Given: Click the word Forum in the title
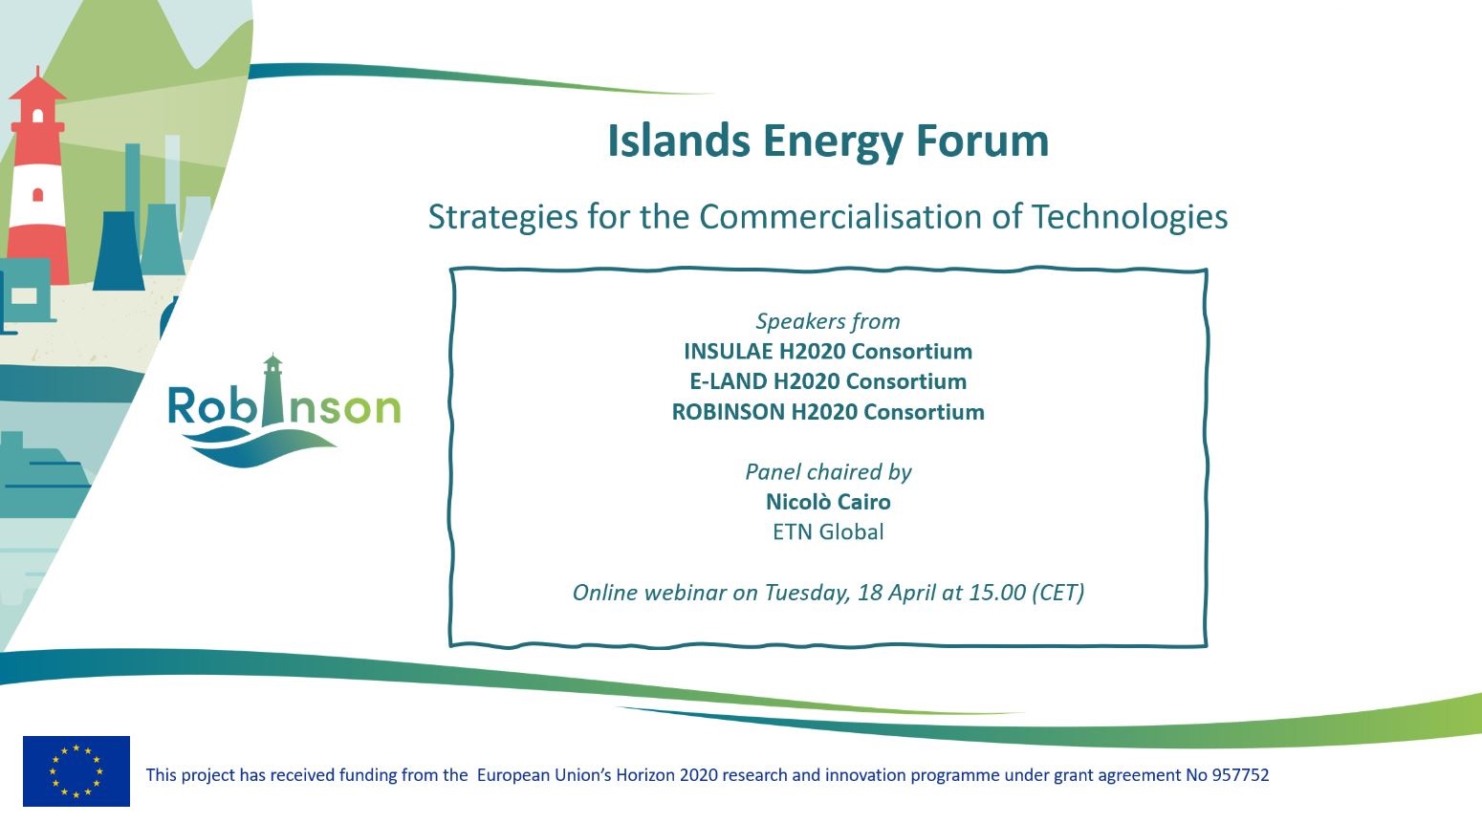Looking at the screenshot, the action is pos(982,141).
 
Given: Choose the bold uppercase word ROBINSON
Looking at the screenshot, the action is pos(727,412).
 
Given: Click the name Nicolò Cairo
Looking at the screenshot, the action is pos(828,502).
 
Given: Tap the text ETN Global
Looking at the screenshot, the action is pos(828,531).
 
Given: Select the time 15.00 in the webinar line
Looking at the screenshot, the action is pos(997,592).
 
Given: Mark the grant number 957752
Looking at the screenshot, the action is pos(1240,774).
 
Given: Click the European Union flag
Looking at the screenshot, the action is pos(76,770).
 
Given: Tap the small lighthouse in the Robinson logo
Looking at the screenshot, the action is pos(272,390).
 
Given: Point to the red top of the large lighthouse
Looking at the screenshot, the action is pos(37,88).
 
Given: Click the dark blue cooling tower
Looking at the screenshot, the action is pos(119,250).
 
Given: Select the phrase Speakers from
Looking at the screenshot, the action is pos(828,321).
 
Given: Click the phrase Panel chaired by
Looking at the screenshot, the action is pos(828,471).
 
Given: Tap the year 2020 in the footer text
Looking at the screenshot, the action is pos(699,774).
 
